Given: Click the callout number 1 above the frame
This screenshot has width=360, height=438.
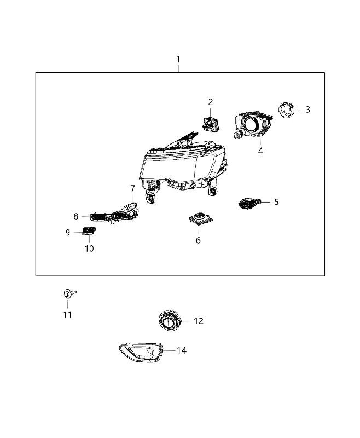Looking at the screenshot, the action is click(x=178, y=59).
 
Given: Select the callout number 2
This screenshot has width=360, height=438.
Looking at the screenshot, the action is click(x=211, y=102).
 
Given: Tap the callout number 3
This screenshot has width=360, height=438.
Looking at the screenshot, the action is click(x=307, y=109).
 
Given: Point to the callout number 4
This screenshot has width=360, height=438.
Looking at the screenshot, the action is click(x=260, y=151).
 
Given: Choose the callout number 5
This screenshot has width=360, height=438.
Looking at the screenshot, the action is click(x=276, y=202).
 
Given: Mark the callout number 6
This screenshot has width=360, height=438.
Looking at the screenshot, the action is click(x=198, y=240).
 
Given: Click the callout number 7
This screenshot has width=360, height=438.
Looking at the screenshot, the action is click(x=132, y=188).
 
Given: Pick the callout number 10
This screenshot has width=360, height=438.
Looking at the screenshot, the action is click(x=89, y=249).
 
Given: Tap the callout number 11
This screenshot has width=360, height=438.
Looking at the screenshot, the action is click(x=67, y=315).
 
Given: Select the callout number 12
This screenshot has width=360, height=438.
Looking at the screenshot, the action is click(x=199, y=321).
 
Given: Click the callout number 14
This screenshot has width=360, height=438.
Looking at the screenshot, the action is click(x=182, y=350).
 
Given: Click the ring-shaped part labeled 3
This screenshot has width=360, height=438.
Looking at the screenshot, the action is click(x=286, y=110).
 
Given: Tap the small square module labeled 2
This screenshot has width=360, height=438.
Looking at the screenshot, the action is click(x=210, y=124).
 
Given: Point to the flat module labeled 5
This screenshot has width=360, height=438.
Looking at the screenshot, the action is click(x=249, y=203).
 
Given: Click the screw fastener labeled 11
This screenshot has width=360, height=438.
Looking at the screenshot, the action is click(x=69, y=293).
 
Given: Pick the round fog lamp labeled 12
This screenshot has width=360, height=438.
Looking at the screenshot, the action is click(x=169, y=321).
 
